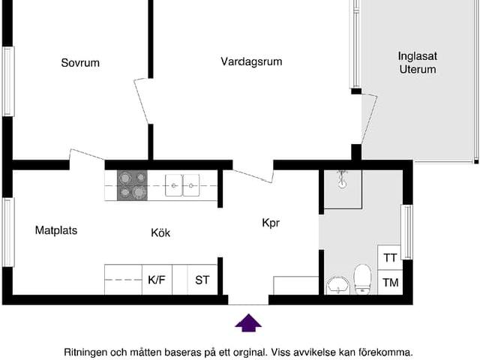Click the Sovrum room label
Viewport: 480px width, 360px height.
[79, 63]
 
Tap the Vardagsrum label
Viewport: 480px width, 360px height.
[251, 61]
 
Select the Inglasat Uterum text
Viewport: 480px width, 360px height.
[417, 62]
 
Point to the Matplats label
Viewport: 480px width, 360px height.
[56, 230]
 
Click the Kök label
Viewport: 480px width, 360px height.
[160, 232]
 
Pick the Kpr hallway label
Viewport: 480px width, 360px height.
[271, 223]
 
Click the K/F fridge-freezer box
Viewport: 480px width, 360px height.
[157, 280]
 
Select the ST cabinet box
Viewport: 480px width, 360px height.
[202, 280]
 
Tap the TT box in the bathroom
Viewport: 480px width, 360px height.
[390, 257]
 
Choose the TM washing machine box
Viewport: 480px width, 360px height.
[390, 283]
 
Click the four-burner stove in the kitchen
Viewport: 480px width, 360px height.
[132, 185]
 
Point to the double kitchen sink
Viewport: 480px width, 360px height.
[183, 184]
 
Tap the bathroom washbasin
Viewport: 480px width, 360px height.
[337, 285]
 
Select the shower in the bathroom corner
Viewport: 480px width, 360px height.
[342, 187]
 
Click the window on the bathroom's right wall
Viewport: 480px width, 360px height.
[407, 232]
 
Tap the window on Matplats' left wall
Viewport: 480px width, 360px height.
[7, 232]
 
